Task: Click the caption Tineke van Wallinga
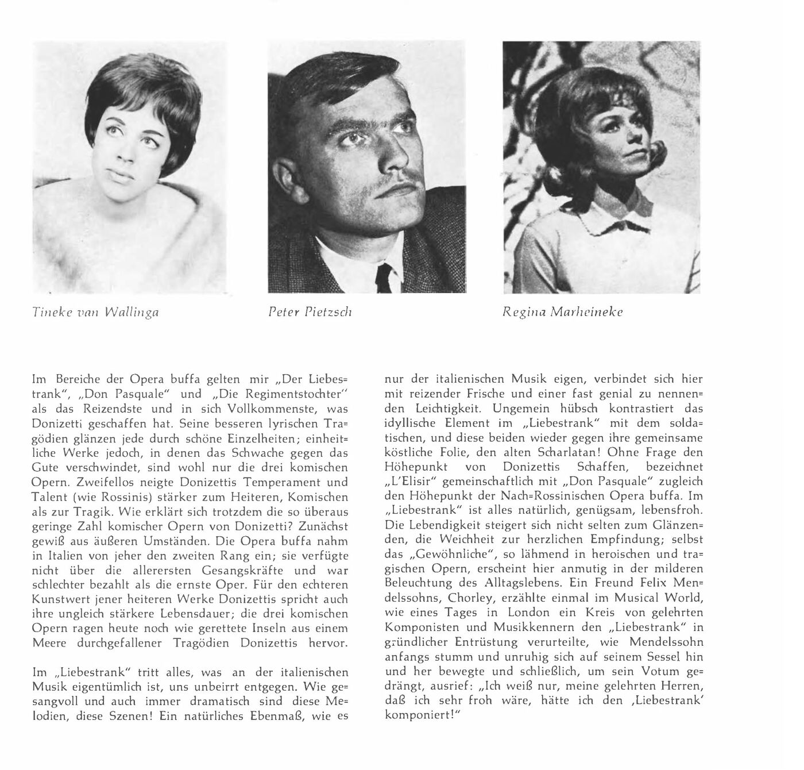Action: pyautogui.click(x=96, y=313)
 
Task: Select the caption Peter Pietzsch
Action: pyautogui.click(x=310, y=313)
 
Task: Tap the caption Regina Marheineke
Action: pyautogui.click(x=562, y=313)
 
